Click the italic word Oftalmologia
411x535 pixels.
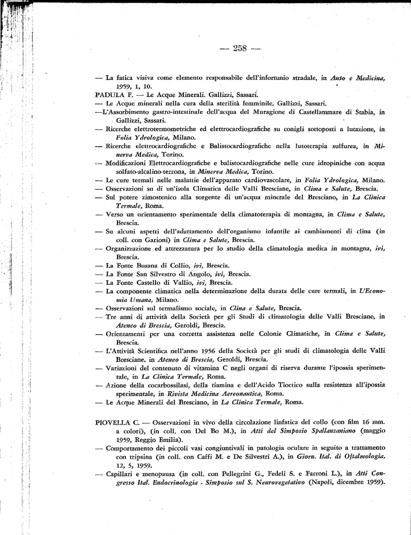(x=358, y=456)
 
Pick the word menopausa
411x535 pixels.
(x=156, y=473)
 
